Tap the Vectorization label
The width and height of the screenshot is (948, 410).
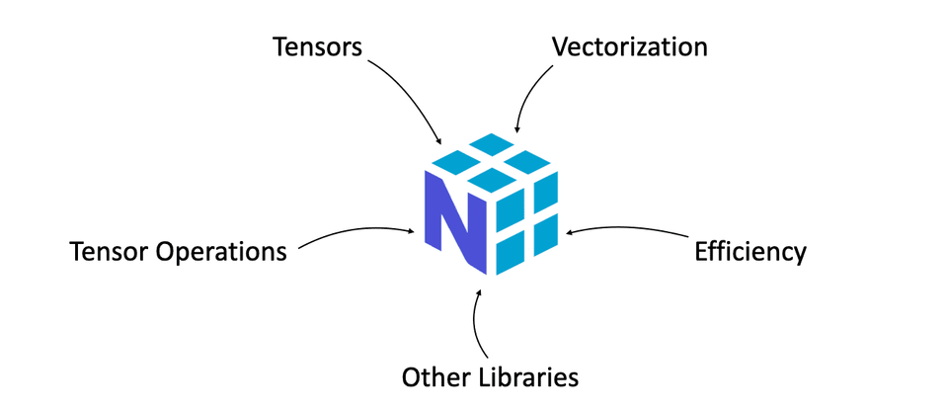629,46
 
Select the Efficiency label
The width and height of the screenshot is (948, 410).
750,251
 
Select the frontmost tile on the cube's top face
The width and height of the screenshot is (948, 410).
491,179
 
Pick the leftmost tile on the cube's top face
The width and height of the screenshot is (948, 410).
455,161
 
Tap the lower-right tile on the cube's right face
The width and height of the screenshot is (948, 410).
543,234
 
